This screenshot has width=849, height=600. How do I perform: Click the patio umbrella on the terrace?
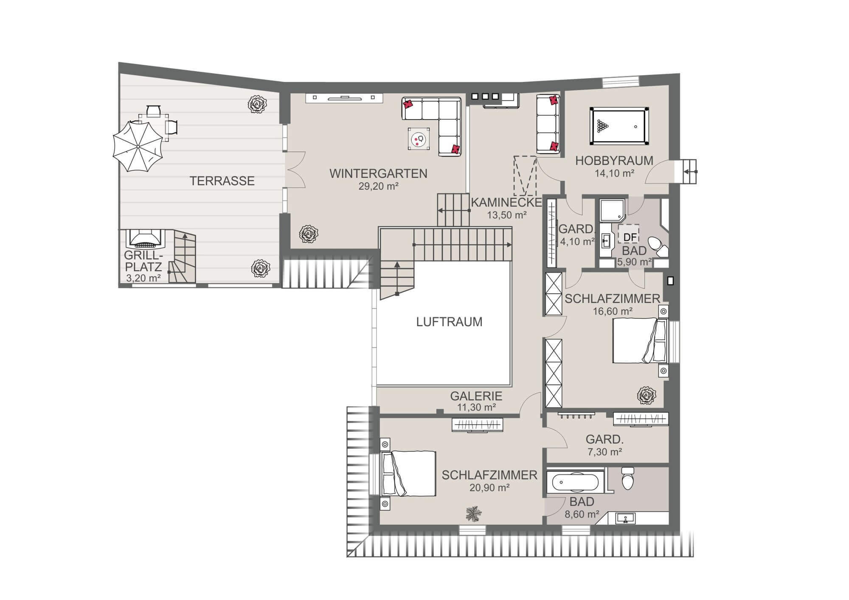pyautogui.click(x=138, y=146)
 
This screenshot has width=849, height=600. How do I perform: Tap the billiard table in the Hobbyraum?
pyautogui.click(x=619, y=126)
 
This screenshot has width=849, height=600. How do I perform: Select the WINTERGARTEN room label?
pyautogui.click(x=378, y=174)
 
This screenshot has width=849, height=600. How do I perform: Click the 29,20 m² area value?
pyautogui.click(x=378, y=186)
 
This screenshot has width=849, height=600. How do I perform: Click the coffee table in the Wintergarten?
pyautogui.click(x=419, y=138)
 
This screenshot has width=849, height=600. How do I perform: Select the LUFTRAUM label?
pyautogui.click(x=449, y=322)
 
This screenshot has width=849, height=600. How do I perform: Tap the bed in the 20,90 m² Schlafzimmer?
pyautogui.click(x=409, y=473)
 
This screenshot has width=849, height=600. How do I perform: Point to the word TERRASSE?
pyautogui.click(x=222, y=181)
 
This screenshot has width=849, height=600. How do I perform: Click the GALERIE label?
pyautogui.click(x=476, y=396)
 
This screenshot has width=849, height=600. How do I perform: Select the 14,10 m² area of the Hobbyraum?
pyautogui.click(x=614, y=173)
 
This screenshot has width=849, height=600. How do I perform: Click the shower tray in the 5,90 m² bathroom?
pyautogui.click(x=613, y=211)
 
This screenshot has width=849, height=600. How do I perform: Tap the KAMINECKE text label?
pyautogui.click(x=506, y=202)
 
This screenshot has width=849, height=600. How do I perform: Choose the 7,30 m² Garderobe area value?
pyautogui.click(x=604, y=452)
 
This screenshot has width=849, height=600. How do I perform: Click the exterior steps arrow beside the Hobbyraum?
pyautogui.click(x=690, y=172)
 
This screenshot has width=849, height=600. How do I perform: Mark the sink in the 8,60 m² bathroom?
pyautogui.click(x=625, y=518)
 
